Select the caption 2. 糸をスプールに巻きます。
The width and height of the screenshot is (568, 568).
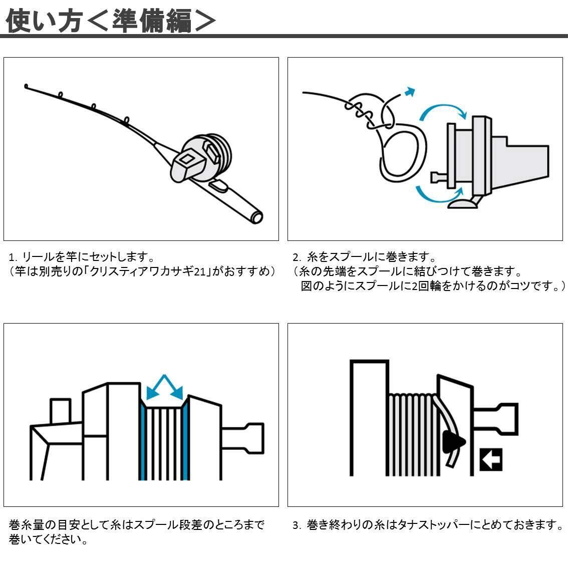point(365,257)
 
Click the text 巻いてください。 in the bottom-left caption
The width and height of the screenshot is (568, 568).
point(49,540)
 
